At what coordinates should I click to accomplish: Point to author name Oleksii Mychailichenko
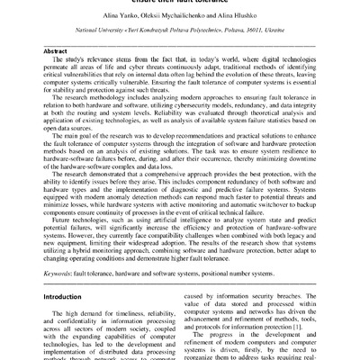(179, 17)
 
